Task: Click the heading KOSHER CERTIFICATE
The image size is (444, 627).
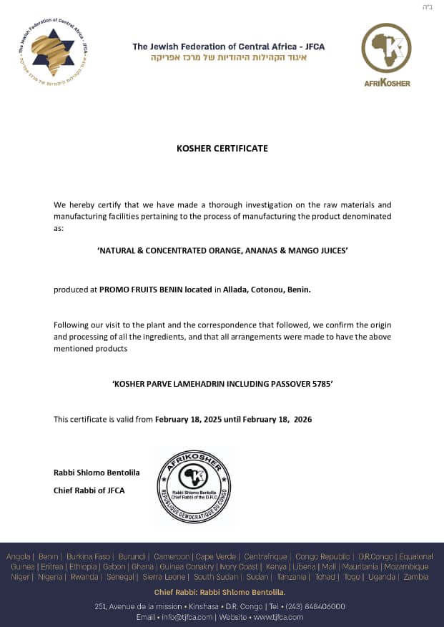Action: coord(222,149)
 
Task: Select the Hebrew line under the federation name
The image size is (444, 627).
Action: coord(228,58)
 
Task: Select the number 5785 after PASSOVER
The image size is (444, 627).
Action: coord(320,384)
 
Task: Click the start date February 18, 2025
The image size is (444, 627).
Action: coord(189,419)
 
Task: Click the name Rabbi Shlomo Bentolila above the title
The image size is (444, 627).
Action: coord(97,473)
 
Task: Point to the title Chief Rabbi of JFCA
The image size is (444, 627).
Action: coord(89,490)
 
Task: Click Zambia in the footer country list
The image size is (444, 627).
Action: coord(416,577)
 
